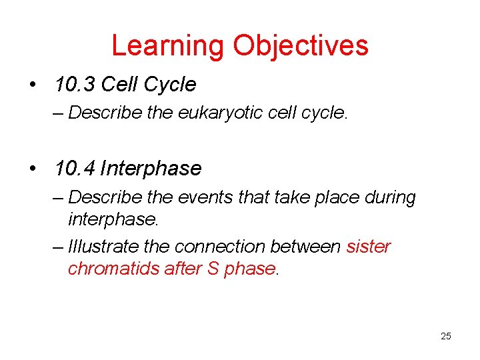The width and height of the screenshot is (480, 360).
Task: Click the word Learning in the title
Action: point(168,45)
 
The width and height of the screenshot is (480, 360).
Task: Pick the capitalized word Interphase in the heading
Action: point(151,169)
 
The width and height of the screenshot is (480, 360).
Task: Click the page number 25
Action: point(445,336)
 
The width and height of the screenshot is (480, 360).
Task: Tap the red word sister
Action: point(369,247)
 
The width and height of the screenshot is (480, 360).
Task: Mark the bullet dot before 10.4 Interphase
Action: point(33,169)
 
